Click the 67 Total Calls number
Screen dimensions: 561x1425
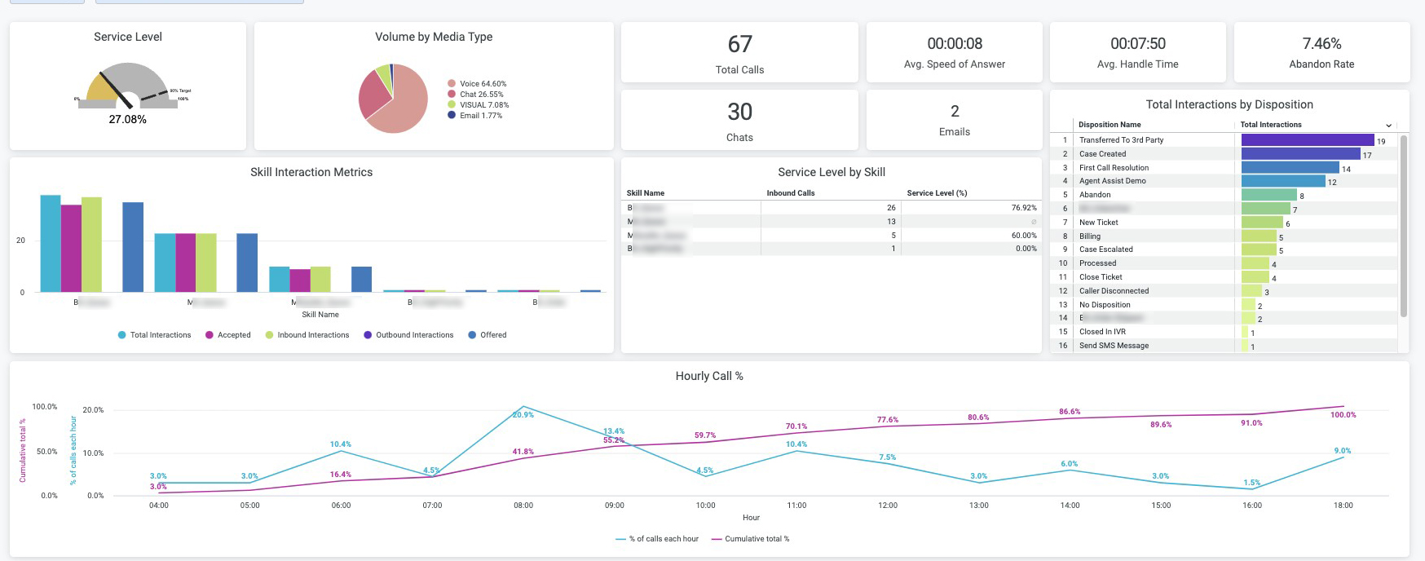(x=739, y=44)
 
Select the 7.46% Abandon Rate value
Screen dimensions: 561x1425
(x=1321, y=44)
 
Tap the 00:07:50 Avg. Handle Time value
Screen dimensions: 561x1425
(x=1137, y=44)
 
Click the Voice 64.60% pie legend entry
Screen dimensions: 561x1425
(x=482, y=84)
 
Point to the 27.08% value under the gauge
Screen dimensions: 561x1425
(x=127, y=119)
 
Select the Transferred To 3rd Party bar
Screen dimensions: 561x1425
(x=1307, y=140)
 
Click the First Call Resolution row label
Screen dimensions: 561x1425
(x=1114, y=168)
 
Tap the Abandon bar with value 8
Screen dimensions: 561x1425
(x=1268, y=195)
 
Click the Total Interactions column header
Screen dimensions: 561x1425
(x=1270, y=125)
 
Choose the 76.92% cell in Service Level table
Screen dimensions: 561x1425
(x=1024, y=208)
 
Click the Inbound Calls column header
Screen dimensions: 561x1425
(x=790, y=193)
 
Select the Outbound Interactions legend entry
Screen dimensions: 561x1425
(x=414, y=335)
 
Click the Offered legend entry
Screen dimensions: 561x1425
(x=492, y=335)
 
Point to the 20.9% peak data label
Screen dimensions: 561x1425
(x=523, y=415)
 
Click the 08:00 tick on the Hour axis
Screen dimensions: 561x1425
(x=523, y=506)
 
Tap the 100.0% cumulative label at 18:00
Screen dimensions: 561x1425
(x=1343, y=415)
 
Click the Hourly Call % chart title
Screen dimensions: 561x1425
(x=708, y=376)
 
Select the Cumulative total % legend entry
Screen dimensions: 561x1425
(x=757, y=539)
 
